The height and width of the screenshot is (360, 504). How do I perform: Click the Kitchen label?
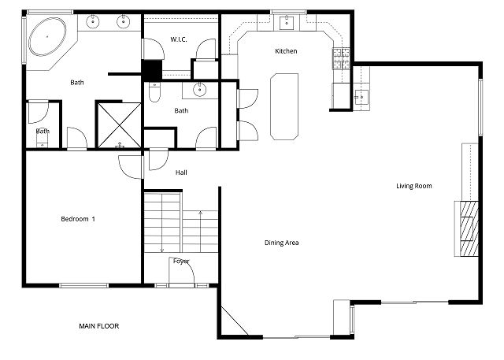[286, 51]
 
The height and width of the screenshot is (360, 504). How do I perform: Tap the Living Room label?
[413, 186]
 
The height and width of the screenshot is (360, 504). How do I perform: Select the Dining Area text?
[282, 243]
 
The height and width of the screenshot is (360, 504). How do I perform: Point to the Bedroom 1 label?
[78, 219]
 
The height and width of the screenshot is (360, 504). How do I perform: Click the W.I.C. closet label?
[179, 39]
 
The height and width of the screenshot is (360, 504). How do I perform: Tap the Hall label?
[181, 173]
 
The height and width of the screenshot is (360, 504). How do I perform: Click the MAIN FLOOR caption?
[99, 326]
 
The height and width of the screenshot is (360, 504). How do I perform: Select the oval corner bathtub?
[47, 37]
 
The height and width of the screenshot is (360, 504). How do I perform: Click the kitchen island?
[284, 106]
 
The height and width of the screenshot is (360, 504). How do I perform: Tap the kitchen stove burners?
[341, 58]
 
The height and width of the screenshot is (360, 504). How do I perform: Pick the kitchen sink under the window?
[286, 23]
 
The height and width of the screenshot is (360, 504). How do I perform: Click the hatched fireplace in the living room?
[469, 228]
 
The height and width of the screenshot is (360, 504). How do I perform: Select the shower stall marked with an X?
[119, 125]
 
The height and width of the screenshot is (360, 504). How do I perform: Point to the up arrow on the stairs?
[201, 232]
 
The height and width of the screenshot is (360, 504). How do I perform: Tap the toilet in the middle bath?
[154, 92]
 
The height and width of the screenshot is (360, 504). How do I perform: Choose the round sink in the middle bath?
[200, 89]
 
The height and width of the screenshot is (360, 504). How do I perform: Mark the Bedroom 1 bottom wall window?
[84, 285]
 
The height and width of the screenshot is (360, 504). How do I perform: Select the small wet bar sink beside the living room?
[361, 96]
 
